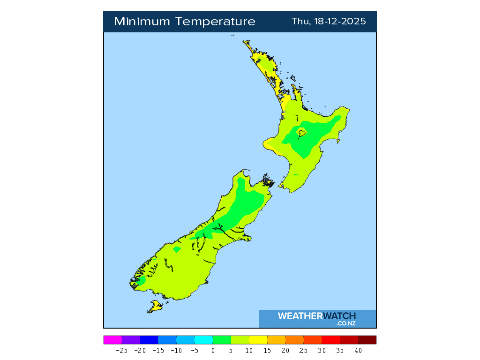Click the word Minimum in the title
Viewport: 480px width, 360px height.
coord(142,22)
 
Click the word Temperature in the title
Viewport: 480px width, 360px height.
coord(216,22)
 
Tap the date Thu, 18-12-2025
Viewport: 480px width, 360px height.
coord(329,22)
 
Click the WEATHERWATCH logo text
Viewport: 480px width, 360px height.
coord(316,316)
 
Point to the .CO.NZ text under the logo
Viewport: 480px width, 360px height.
coord(345,323)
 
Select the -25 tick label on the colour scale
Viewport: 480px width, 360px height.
coord(121,350)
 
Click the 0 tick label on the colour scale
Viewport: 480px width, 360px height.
coord(213,350)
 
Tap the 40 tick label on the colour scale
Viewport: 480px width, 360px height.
coord(358,350)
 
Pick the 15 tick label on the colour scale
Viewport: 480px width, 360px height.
coord(267,350)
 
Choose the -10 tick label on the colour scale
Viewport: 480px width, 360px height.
coord(176,350)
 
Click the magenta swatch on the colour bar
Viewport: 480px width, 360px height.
coord(112,340)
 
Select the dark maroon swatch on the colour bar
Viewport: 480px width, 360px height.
coord(367,340)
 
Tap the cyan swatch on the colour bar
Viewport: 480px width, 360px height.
coord(203,340)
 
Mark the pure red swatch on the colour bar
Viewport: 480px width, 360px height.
coord(331,340)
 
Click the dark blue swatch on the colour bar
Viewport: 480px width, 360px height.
coord(149,340)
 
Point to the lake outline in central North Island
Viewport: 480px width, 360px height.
coord(301,133)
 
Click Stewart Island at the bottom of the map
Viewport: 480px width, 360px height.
coord(155,307)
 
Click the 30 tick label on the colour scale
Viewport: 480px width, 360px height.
coord(322,350)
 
